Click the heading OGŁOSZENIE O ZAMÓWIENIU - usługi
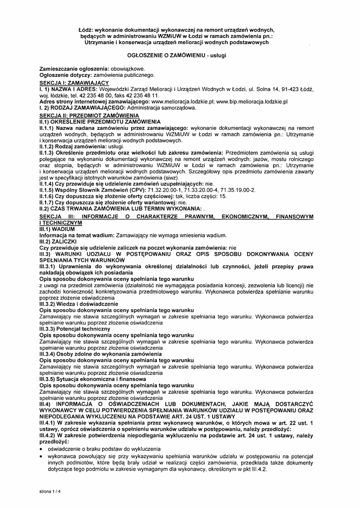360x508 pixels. coord(177,56)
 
